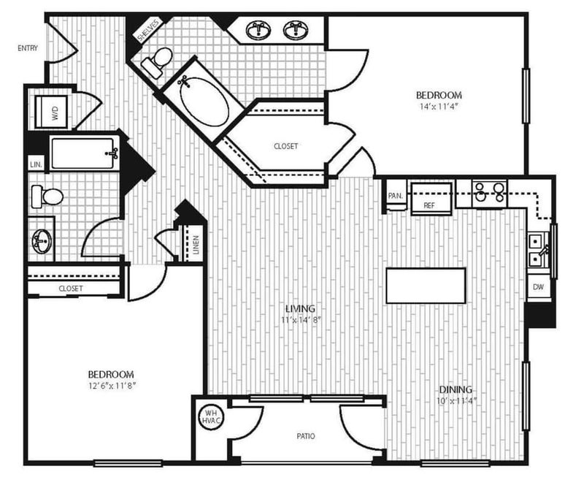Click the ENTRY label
27,49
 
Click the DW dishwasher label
538,287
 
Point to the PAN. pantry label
395,196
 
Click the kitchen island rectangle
426,286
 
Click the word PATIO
306,436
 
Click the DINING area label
455,389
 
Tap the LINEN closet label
196,242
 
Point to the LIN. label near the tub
36,165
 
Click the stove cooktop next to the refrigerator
489,192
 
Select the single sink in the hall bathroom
42,242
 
